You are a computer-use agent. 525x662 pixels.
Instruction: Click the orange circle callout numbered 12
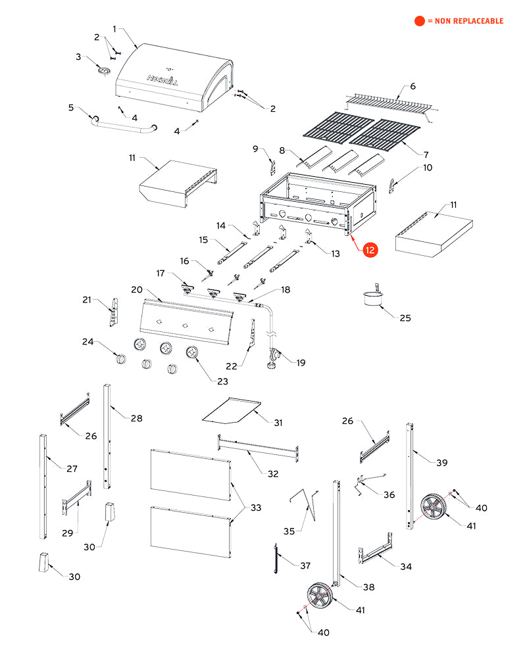pyautogui.click(x=370, y=250)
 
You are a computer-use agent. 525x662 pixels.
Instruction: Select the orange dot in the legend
pyautogui.click(x=420, y=21)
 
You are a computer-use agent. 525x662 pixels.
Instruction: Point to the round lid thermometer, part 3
pyautogui.click(x=103, y=70)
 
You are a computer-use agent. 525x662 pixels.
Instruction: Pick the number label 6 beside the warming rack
pyautogui.click(x=413, y=86)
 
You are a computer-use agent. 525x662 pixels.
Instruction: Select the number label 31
pyautogui.click(x=278, y=422)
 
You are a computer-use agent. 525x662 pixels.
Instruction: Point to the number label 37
pyautogui.click(x=305, y=565)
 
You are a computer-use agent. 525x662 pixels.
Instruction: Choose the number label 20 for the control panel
pyautogui.click(x=137, y=289)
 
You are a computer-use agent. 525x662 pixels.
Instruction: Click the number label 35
pyautogui.click(x=289, y=531)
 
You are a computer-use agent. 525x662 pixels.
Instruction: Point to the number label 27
pyautogui.click(x=72, y=469)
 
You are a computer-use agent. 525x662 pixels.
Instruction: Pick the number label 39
pyautogui.click(x=441, y=462)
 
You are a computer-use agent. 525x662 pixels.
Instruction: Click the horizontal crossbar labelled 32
pyautogui.click(x=257, y=449)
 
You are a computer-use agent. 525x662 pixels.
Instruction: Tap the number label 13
pyautogui.click(x=336, y=253)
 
